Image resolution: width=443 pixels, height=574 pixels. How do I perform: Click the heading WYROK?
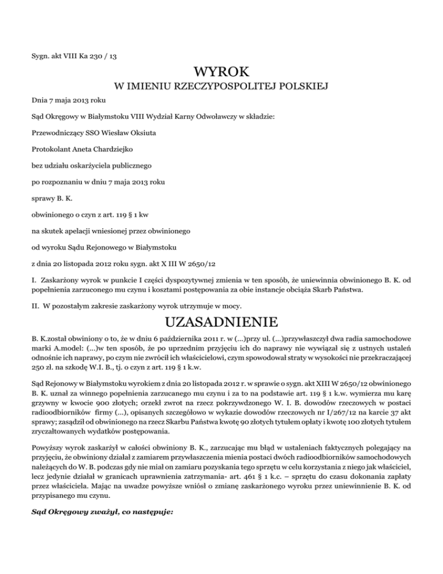(x=222, y=72)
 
